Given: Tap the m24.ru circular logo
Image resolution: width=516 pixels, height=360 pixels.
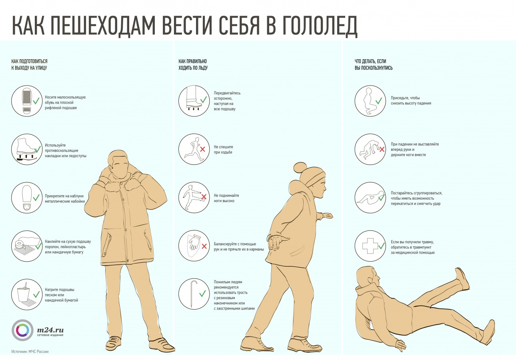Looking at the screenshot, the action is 22,330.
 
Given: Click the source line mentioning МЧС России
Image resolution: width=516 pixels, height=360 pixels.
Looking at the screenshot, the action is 30,352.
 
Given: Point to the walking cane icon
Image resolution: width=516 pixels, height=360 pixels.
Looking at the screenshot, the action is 194,294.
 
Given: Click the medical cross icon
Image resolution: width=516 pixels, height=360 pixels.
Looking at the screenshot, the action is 370,246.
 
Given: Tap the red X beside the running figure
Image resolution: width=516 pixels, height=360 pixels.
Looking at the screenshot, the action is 203,149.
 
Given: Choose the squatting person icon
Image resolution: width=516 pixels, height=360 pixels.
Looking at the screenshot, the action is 368,101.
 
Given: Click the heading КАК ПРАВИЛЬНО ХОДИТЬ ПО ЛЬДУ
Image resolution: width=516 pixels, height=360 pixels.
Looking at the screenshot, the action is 193,64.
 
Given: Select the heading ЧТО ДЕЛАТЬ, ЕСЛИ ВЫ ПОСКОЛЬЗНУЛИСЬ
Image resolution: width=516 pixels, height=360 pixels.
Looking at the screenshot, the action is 374,64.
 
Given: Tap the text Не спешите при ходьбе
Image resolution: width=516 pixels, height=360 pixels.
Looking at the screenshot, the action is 223,150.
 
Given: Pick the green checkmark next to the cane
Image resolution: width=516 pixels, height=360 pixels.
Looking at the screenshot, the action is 202,294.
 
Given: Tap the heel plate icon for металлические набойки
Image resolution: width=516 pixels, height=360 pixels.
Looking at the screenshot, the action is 27,197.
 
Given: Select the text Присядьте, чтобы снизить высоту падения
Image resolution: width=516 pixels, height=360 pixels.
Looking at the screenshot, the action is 411,101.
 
